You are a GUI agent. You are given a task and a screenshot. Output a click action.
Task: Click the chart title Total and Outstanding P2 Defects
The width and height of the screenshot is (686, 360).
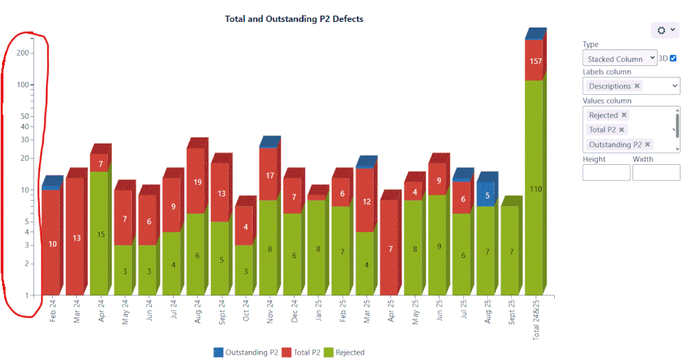click(294, 19)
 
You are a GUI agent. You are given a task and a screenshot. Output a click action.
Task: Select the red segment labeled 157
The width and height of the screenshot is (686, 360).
click(535, 61)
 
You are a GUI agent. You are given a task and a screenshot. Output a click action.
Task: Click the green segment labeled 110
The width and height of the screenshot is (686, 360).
click(535, 189)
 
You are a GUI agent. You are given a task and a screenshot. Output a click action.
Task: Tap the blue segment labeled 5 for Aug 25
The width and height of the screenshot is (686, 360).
click(487, 194)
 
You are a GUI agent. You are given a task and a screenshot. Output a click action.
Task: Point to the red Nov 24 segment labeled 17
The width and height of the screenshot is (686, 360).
click(268, 175)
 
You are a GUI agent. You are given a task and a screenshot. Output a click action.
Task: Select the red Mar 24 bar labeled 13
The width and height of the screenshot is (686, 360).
click(76, 238)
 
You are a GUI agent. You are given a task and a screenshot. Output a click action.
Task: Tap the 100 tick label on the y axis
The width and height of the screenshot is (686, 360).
click(23, 85)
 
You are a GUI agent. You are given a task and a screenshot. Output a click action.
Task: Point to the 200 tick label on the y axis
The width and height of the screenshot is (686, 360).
click(23, 53)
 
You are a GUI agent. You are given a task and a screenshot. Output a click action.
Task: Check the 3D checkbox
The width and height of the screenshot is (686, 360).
click(673, 58)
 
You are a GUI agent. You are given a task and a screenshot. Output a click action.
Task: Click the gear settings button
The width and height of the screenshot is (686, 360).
click(665, 30)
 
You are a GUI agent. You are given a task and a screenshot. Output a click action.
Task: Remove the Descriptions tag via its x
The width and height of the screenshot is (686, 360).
click(637, 86)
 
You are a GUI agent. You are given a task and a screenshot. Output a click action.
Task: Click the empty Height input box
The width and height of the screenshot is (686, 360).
click(606, 172)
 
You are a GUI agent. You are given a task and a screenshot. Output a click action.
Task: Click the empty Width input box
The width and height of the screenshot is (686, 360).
click(656, 172)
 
